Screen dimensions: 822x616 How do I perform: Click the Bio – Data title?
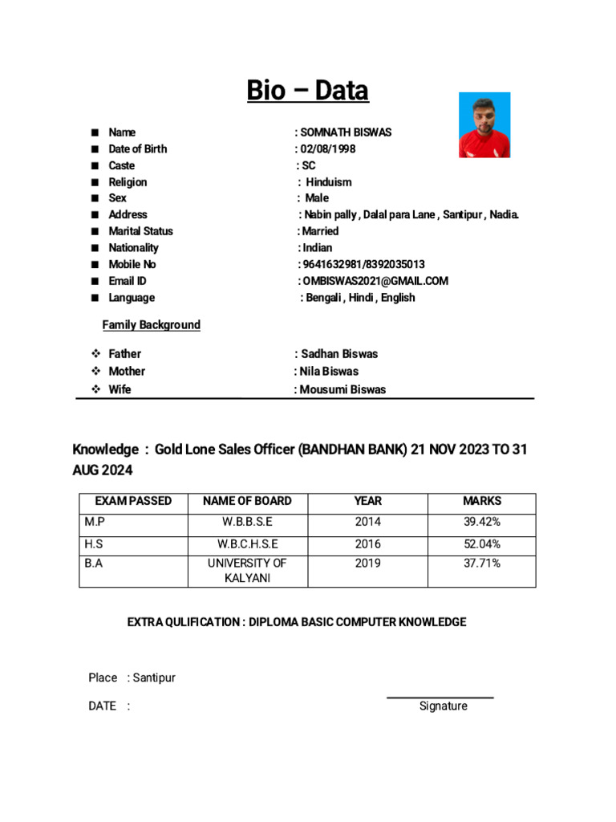[x=307, y=91]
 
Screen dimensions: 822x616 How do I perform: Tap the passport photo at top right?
[x=484, y=125]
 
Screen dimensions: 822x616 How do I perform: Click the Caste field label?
[x=122, y=165]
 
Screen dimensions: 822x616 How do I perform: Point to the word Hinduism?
[x=329, y=182]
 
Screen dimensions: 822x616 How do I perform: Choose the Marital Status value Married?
[x=320, y=231]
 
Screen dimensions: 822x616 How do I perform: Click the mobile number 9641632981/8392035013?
[x=363, y=264]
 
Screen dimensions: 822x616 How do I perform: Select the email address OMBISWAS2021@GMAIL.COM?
[x=375, y=281]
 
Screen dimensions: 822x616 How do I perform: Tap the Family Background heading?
[x=151, y=325]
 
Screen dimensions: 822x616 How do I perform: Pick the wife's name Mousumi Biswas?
[x=342, y=389]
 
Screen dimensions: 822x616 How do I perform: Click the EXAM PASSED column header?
[x=133, y=501]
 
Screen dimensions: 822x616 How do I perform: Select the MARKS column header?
[x=482, y=501]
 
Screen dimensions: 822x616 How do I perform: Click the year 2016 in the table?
[x=368, y=544]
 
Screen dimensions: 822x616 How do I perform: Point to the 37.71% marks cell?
[x=482, y=564]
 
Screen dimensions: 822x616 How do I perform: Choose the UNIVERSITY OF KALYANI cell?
[x=246, y=571]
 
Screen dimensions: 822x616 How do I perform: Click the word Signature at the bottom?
[x=443, y=706]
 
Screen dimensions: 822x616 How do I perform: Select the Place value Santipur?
[x=154, y=678]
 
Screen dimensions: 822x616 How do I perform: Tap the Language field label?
[x=132, y=298]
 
